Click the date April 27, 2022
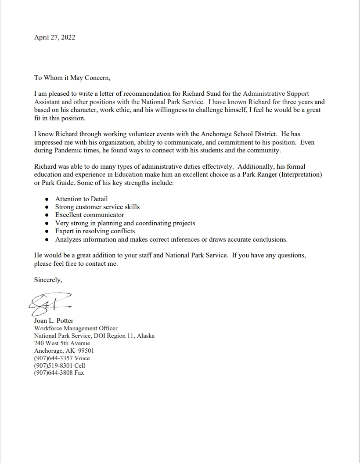tap(54, 37)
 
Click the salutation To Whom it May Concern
tap(72, 78)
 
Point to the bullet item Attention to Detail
tap(81, 199)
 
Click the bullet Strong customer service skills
tap(97, 207)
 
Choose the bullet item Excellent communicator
tap(90, 215)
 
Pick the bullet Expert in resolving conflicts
tap(95, 231)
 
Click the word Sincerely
tap(48, 280)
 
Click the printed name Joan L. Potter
tap(54, 321)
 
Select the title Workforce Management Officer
tap(76, 328)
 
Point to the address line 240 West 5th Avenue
tap(62, 343)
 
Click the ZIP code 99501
tap(86, 351)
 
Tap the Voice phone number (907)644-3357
tap(53, 358)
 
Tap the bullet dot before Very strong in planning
tap(47, 224)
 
